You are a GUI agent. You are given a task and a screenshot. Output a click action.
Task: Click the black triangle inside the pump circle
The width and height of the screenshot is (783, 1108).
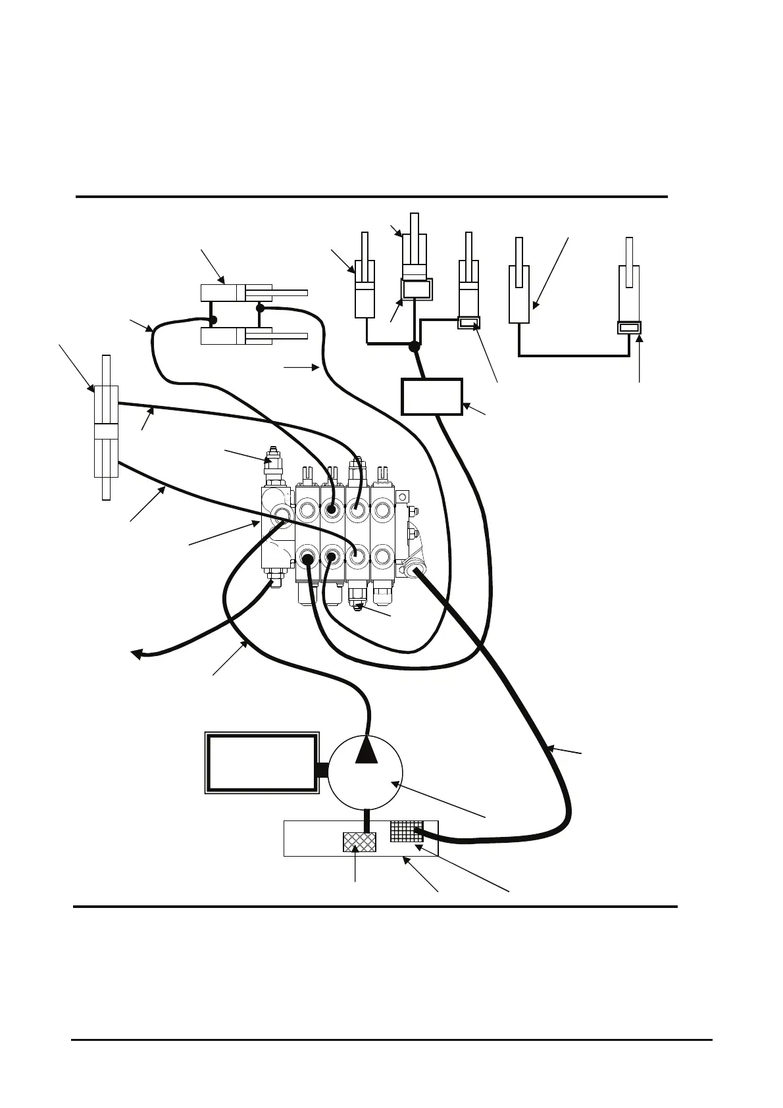pyautogui.click(x=366, y=751)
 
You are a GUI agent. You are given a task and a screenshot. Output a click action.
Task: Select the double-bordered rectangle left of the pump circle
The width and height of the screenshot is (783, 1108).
pyautogui.click(x=261, y=763)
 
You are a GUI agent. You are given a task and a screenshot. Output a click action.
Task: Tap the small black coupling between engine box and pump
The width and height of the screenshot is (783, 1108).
pyautogui.click(x=322, y=769)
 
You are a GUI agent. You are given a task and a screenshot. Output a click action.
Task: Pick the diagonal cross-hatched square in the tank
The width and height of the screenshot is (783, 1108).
pyautogui.click(x=359, y=842)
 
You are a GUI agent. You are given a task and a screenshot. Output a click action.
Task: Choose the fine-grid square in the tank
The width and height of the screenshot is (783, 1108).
pyautogui.click(x=405, y=831)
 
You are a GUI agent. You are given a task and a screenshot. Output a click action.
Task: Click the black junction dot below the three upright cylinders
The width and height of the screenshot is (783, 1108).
pyautogui.click(x=414, y=347)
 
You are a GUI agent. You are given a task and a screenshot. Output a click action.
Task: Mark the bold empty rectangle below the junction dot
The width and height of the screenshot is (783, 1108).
pyautogui.click(x=432, y=396)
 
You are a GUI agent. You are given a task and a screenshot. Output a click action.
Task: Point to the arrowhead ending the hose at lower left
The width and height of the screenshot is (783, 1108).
pyautogui.click(x=136, y=653)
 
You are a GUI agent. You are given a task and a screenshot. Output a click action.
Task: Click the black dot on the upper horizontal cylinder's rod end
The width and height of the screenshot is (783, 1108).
pyautogui.click(x=260, y=307)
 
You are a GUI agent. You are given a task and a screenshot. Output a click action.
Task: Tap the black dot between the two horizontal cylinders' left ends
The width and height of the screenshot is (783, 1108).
pyautogui.click(x=213, y=320)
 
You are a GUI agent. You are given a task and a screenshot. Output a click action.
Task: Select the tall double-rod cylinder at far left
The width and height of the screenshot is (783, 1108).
pyautogui.click(x=106, y=428)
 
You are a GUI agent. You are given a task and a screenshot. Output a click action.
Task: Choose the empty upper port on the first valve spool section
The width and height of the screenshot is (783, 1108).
pyautogui.click(x=307, y=510)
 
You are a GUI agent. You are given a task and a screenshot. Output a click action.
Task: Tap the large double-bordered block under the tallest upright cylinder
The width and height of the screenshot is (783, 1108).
pyautogui.click(x=417, y=289)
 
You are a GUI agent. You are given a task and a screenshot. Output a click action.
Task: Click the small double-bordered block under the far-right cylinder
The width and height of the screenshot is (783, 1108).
pyautogui.click(x=629, y=328)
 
